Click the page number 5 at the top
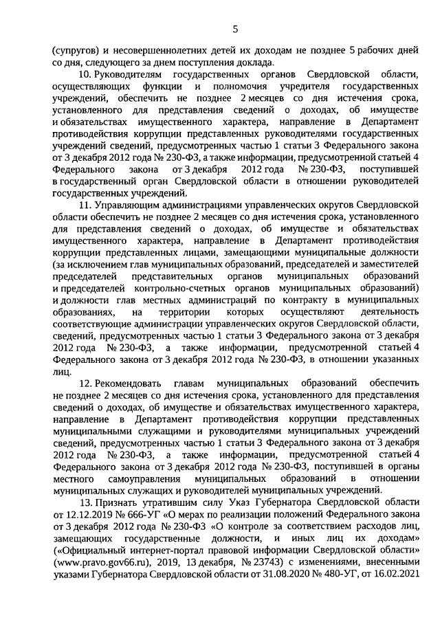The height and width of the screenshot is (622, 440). coord(235,29)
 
